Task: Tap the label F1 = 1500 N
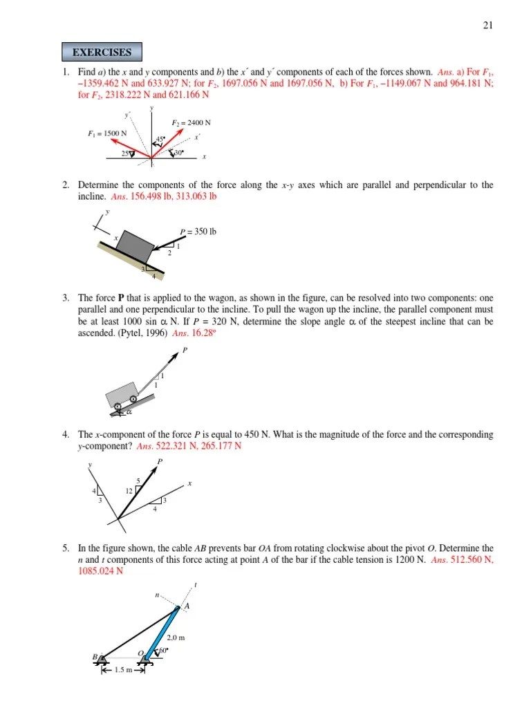(107, 133)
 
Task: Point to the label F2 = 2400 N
(191, 122)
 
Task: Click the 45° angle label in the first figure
(160, 140)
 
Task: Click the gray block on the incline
(136, 244)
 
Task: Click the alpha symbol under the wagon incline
(129, 413)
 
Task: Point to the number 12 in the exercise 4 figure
(129, 491)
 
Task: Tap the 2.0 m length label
(175, 638)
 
